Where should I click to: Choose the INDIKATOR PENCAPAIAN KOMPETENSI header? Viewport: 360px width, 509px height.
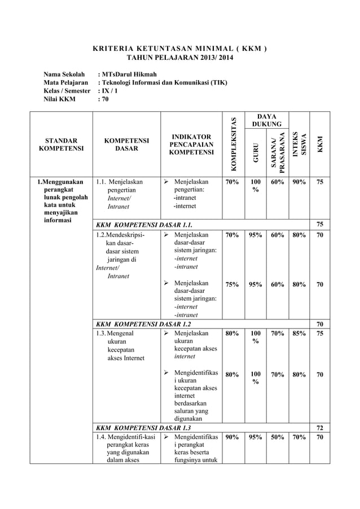[192, 144]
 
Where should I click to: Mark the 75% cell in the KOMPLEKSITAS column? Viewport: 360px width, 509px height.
[231, 285]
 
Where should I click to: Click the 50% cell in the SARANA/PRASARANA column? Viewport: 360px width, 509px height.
[276, 437]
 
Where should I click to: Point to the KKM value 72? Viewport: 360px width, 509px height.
[320, 428]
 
